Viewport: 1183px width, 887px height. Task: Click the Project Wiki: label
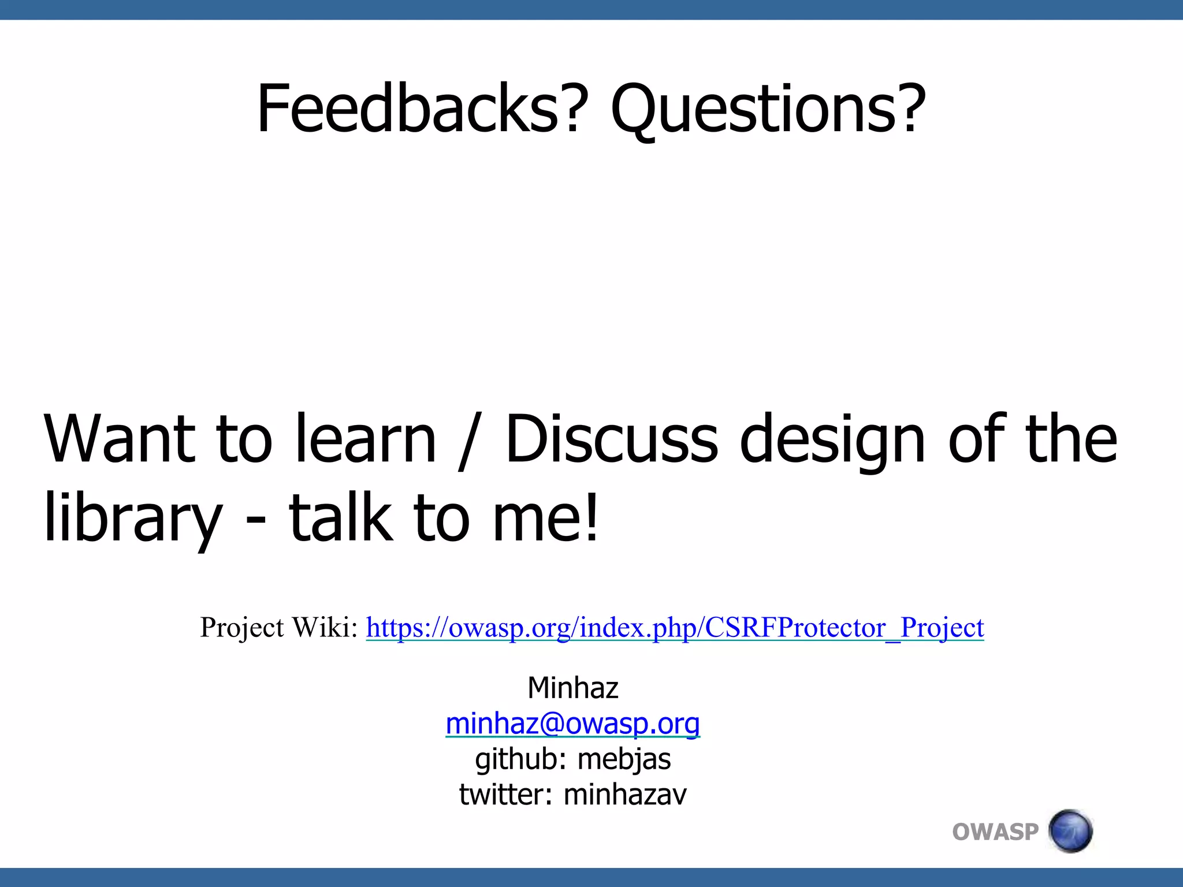click(x=280, y=627)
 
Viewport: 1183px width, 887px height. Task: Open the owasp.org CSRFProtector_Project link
click(x=675, y=628)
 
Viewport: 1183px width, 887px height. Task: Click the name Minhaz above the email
click(x=573, y=688)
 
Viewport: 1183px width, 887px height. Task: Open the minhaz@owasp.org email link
click(x=573, y=724)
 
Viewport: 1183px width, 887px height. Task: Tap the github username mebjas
click(x=624, y=759)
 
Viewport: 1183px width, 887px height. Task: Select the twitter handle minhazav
click(x=625, y=795)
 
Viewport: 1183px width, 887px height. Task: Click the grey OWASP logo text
click(x=995, y=832)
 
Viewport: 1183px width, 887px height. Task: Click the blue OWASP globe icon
click(x=1070, y=831)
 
